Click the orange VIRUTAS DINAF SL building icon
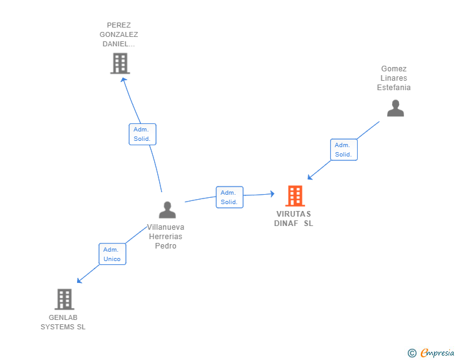pos(295,196)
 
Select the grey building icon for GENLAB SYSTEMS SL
pos(64,299)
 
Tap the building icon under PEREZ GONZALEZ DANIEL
pos(120,63)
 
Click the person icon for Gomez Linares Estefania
pos(395,108)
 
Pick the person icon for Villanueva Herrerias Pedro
pos(167,210)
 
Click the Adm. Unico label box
pos(112,254)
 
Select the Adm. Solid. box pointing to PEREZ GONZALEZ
pos(142,134)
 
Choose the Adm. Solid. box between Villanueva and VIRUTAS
pos(229,197)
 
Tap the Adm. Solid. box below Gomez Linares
pos(343,150)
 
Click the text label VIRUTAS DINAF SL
pos(293,219)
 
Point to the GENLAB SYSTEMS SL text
pos(63,322)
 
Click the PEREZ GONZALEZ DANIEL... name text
pos(119,35)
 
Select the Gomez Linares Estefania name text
pos(394,78)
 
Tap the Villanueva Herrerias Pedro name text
pos(166,237)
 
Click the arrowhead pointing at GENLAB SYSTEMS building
pos(80,280)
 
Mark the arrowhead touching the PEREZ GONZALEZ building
pos(123,80)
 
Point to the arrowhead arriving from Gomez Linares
pos(310,177)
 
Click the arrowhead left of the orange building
pos(272,194)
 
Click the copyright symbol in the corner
pos(412,353)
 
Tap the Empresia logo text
pos(437,353)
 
